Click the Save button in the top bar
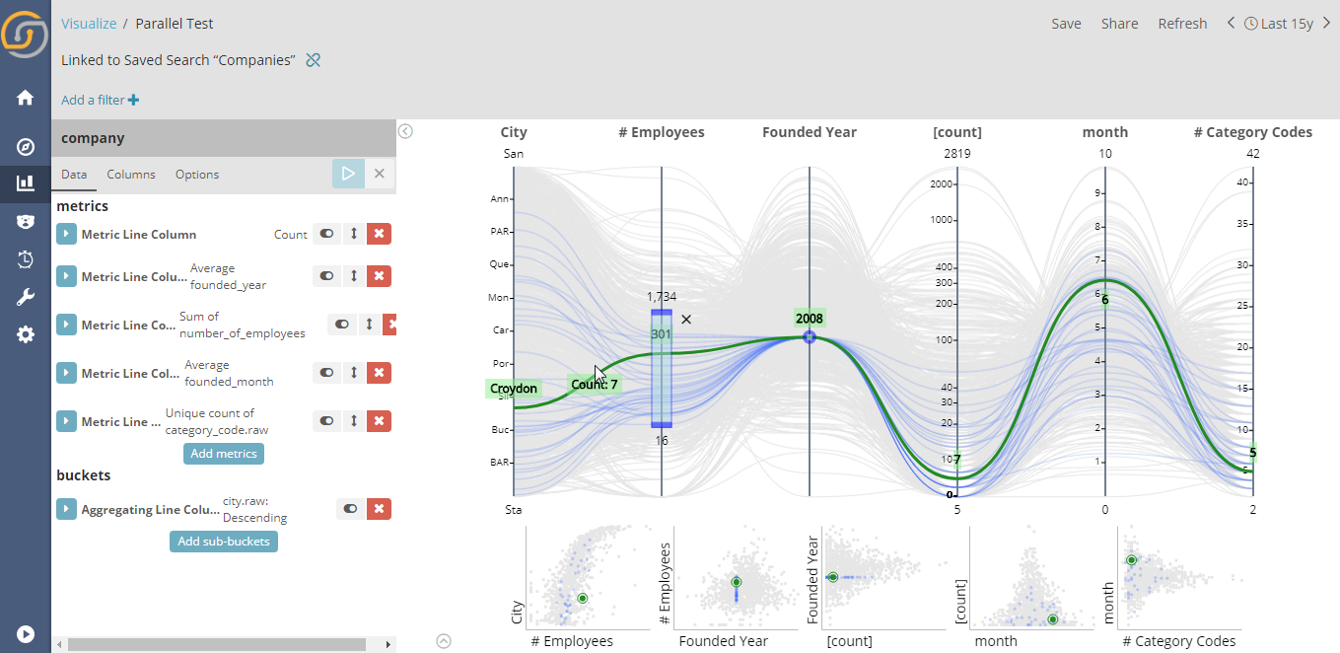click(x=1066, y=24)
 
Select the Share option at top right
click(x=1119, y=24)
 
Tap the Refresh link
click(x=1182, y=24)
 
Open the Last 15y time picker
click(x=1279, y=24)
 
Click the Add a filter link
click(x=100, y=100)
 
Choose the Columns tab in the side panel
click(x=131, y=175)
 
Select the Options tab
click(x=197, y=175)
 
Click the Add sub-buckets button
click(x=224, y=542)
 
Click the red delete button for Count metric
click(x=379, y=235)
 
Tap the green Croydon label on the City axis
click(x=514, y=389)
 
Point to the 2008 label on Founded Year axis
click(x=809, y=319)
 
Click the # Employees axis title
click(x=661, y=132)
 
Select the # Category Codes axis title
click(x=1252, y=132)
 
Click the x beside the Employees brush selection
click(x=686, y=319)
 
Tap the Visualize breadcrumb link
click(x=89, y=24)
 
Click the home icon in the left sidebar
click(x=26, y=98)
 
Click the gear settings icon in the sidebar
click(x=26, y=334)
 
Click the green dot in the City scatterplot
click(x=583, y=598)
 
